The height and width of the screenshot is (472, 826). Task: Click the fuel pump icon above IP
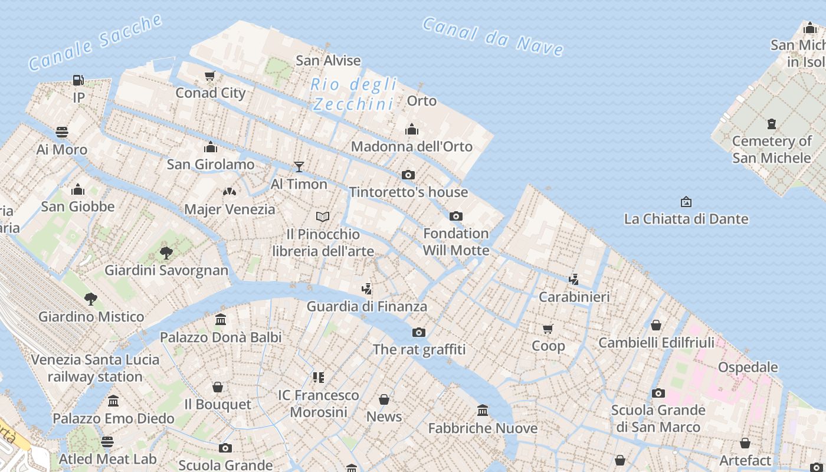[x=78, y=80]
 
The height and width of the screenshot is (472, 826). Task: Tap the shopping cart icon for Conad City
[x=209, y=76]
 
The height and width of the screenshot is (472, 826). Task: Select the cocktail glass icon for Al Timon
[x=299, y=167]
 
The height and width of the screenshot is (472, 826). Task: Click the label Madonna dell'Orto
[x=412, y=146]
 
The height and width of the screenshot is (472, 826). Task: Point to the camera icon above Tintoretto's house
[x=408, y=175]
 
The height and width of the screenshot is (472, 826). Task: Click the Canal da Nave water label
[x=493, y=36]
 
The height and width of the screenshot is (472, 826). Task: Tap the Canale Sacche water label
[x=95, y=42]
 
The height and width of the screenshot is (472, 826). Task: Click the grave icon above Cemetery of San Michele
[x=771, y=124]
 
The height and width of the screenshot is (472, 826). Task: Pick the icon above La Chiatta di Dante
[x=686, y=202]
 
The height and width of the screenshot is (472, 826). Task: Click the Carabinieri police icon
[x=573, y=279]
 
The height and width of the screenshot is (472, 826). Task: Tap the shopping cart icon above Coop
[x=548, y=329]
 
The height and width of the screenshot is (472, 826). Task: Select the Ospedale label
[x=748, y=367]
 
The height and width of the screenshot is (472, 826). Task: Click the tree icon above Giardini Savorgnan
[x=166, y=253]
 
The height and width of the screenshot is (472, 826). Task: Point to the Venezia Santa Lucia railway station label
[x=95, y=368]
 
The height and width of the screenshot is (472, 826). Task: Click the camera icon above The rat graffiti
[x=419, y=332]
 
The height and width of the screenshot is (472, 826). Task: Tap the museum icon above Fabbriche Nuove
[x=483, y=411]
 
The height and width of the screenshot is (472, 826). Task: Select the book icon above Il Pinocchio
[x=323, y=217]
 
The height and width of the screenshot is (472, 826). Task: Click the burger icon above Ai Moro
[x=62, y=132]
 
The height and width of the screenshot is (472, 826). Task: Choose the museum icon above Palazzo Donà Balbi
[x=221, y=320]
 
